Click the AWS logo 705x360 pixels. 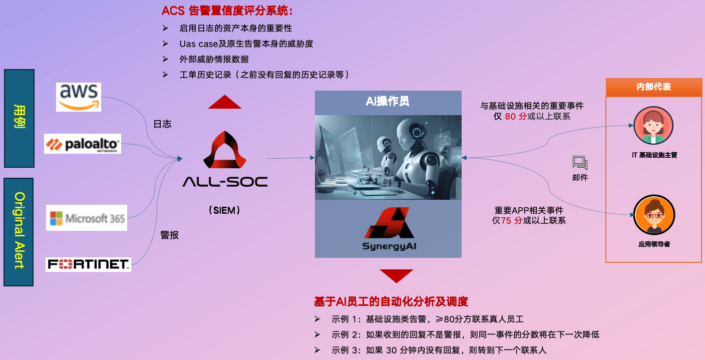coord(79,97)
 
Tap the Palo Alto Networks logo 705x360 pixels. coord(83,144)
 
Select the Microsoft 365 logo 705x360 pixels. coord(87,218)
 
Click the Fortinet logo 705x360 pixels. coord(88,264)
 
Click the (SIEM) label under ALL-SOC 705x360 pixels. coord(224,210)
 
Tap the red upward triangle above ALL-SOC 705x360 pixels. coord(224,102)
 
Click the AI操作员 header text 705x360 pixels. coord(388,101)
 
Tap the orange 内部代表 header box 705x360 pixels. coord(654,87)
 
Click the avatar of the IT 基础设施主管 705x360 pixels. coord(653,126)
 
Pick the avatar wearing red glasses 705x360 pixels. coord(654,215)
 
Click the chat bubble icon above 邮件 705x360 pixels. coord(580,163)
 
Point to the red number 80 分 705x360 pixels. coord(516,117)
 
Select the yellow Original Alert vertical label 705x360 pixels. coord(20,230)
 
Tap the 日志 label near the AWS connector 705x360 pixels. coord(162,124)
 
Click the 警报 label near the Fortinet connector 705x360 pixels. coord(169,235)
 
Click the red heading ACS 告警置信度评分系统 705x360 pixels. coord(227,11)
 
